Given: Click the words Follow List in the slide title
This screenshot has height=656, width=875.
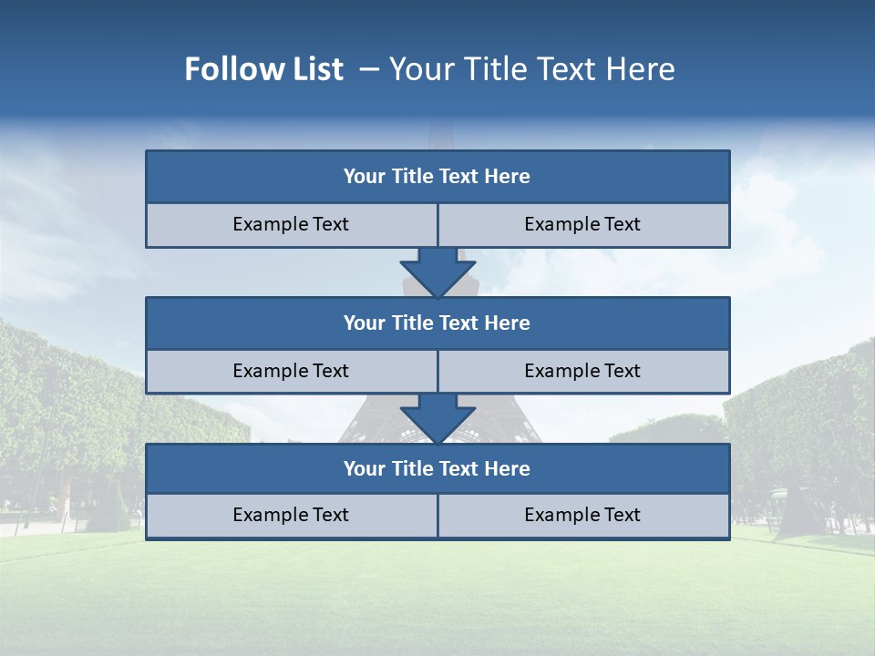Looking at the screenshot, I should [x=263, y=69].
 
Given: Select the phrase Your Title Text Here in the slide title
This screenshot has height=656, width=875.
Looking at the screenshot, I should [x=532, y=69].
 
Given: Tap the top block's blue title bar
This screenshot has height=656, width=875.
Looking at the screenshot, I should [x=437, y=177].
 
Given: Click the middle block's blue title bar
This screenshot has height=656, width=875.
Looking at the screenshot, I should [x=437, y=323].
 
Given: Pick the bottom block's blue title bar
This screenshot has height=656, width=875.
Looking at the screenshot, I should [x=437, y=469].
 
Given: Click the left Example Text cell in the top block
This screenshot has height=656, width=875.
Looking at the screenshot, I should [x=291, y=225].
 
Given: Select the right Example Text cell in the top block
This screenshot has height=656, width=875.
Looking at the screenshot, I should [x=582, y=225].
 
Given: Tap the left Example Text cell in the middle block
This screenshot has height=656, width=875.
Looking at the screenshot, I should [x=291, y=371].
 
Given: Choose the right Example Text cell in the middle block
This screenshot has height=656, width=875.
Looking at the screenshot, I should [x=582, y=371].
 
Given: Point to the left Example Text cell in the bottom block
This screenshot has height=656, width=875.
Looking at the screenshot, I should [x=291, y=516].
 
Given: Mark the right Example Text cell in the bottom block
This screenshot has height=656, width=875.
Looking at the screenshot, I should [x=582, y=516].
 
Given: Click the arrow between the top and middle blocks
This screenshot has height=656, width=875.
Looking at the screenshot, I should [x=437, y=272].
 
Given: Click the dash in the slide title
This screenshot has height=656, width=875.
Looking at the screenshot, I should [x=369, y=69].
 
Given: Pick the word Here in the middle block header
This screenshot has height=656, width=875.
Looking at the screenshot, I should [x=508, y=323].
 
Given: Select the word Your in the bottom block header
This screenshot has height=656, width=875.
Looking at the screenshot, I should [x=364, y=469].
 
